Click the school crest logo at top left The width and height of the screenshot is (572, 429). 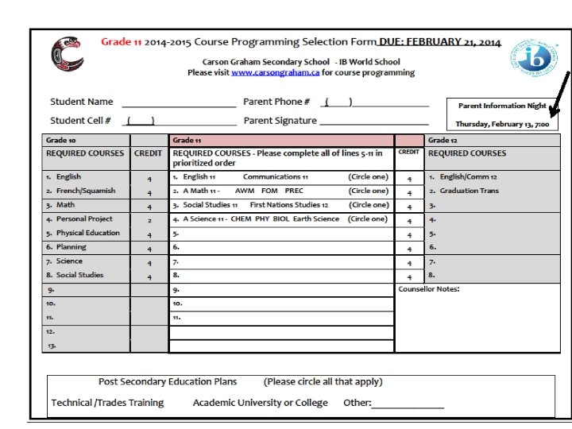tap(67, 54)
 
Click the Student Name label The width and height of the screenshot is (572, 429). tap(82, 102)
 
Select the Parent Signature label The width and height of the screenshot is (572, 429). tap(280, 121)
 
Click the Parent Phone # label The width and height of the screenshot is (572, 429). tap(277, 102)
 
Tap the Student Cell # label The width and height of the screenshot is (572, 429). tap(80, 121)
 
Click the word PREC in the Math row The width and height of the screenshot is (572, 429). tap(294, 191)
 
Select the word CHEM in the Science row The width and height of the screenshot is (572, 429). tap(241, 219)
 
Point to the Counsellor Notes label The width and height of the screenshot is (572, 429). tap(429, 289)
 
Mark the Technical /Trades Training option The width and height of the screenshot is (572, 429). tap(107, 403)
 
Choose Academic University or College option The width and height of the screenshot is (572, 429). tap(260, 403)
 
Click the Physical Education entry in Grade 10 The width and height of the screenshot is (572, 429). tap(87, 234)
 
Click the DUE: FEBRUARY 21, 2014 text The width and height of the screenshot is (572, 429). tap(439, 42)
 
